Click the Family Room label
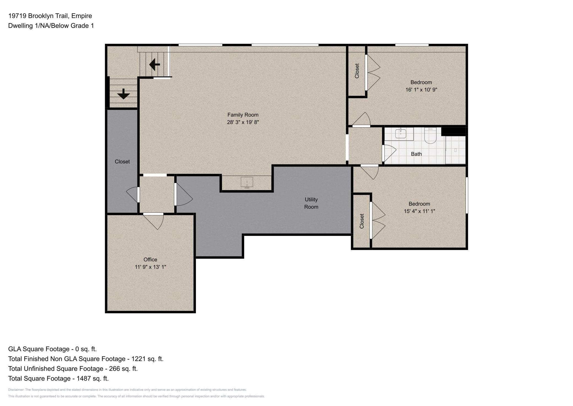[x=243, y=115]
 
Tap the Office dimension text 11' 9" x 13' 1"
[x=150, y=267]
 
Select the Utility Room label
[x=311, y=203]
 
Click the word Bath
[x=416, y=154]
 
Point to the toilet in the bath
[x=430, y=136]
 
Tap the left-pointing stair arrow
[x=155, y=65]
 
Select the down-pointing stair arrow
[x=123, y=94]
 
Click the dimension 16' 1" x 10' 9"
[x=421, y=90]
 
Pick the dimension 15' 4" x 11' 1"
[x=419, y=211]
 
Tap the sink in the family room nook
[x=247, y=182]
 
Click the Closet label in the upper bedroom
[x=357, y=71]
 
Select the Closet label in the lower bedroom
[x=362, y=221]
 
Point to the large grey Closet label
[x=122, y=161]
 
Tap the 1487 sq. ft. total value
[x=93, y=378]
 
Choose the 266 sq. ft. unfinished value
[x=123, y=368]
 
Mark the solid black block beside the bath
[x=453, y=131]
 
